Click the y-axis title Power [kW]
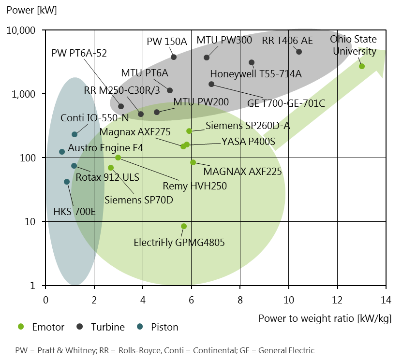tap(31, 10)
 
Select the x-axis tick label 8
tap(240, 300)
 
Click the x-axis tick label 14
tap(386, 300)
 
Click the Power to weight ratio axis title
tap(325, 318)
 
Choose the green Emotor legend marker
tap(20, 327)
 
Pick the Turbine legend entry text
tap(107, 327)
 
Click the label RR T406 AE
tap(287, 40)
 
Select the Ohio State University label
tap(353, 45)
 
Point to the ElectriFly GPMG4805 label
tap(179, 243)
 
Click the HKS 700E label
tap(74, 212)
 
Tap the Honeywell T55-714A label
tap(256, 74)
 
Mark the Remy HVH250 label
tap(194, 186)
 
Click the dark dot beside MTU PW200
tap(157, 112)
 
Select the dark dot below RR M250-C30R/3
tap(141, 114)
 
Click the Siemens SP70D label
tap(139, 200)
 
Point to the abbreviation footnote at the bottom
tap(164, 350)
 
